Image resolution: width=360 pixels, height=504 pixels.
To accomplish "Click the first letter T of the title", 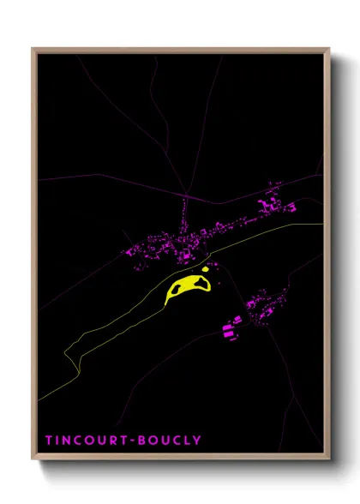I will tap(50, 441).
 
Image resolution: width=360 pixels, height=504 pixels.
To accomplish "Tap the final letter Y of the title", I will tap(198, 441).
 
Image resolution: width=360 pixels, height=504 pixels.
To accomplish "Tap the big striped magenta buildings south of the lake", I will tap(231, 329).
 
